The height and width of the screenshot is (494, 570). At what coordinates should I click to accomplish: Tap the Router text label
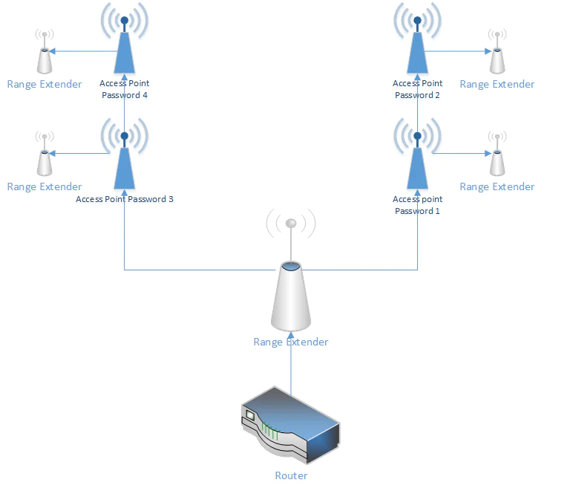click(x=291, y=475)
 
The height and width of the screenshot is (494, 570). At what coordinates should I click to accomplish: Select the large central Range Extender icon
click(x=291, y=297)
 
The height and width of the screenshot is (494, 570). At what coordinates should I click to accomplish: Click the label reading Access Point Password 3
click(x=125, y=199)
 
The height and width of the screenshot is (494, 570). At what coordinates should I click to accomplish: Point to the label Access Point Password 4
click(x=125, y=89)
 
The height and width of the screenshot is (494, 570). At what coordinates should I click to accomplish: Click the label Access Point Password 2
click(x=418, y=89)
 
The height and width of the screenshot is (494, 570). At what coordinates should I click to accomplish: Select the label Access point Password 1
click(x=418, y=205)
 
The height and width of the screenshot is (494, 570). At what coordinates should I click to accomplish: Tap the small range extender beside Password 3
click(x=45, y=160)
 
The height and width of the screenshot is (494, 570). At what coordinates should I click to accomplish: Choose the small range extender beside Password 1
click(x=497, y=160)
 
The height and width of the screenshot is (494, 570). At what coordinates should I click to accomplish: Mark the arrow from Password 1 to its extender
click(x=460, y=154)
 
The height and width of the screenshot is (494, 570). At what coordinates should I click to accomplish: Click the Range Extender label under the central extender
click(x=291, y=342)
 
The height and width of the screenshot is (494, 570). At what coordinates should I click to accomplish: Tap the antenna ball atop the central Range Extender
click(x=291, y=223)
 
